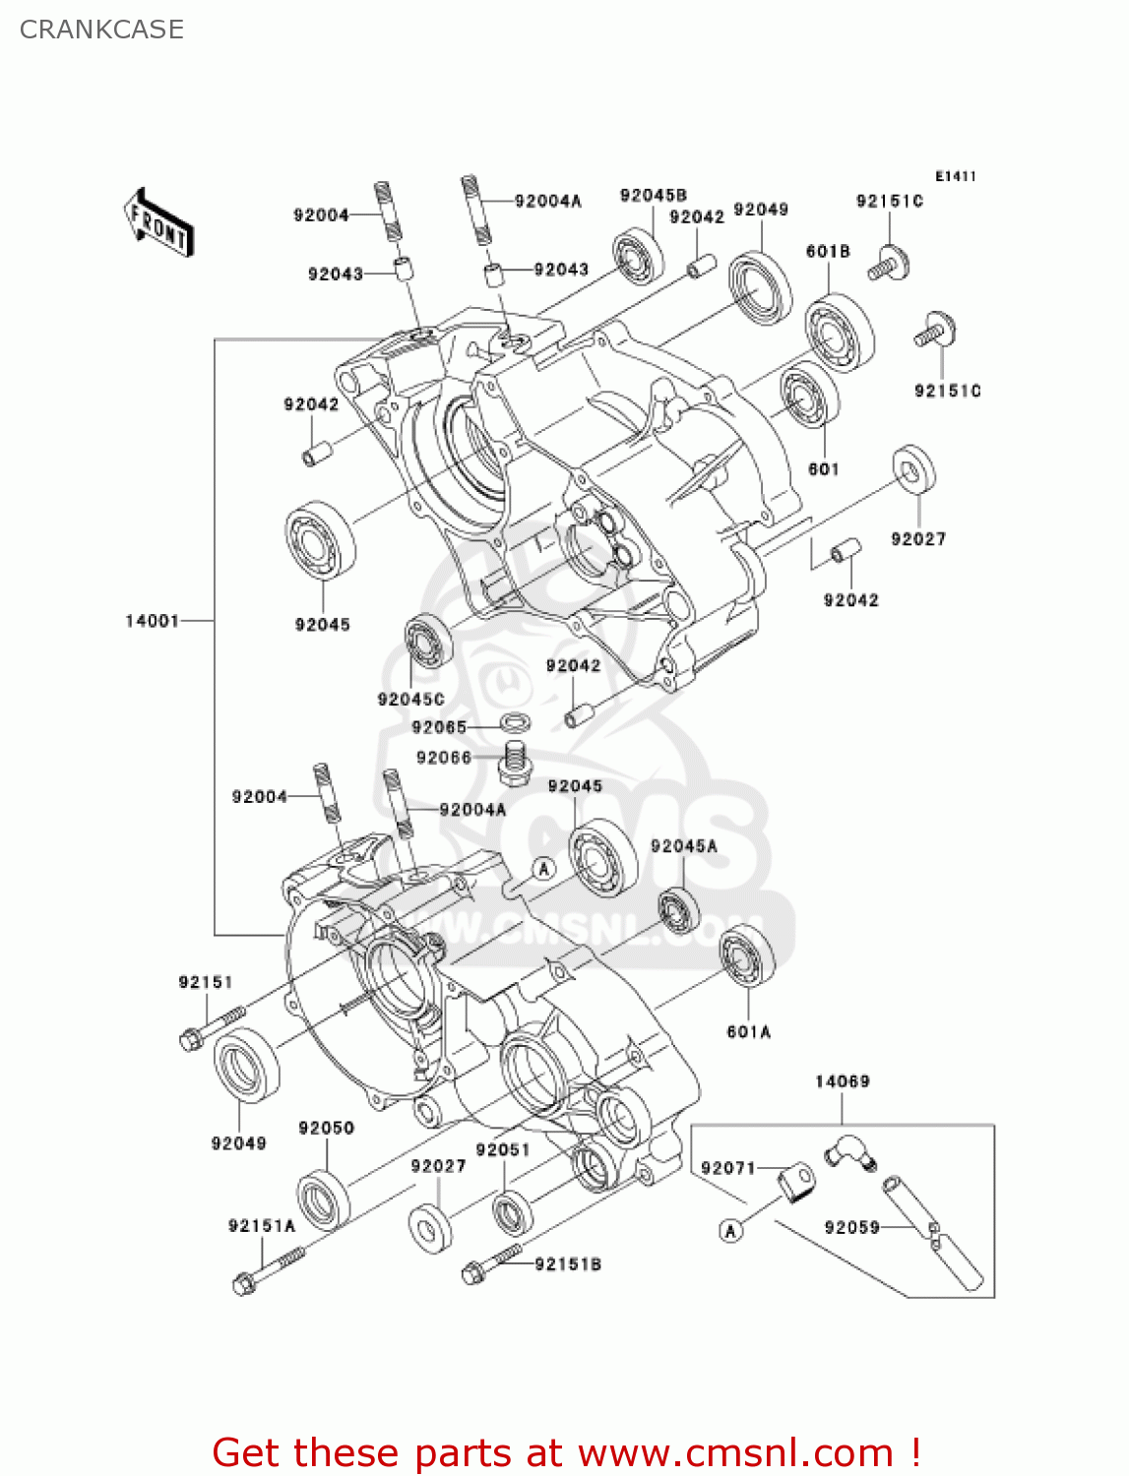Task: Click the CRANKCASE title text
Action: point(101,30)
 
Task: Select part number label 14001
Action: point(152,621)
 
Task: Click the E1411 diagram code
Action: point(955,176)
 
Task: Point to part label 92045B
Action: point(653,196)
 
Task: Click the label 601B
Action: point(828,252)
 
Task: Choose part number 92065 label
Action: point(439,727)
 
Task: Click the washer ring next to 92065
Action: point(517,723)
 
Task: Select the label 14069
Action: point(842,1081)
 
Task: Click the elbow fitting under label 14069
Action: point(847,1152)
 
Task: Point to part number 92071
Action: point(727,1168)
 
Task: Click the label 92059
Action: point(851,1227)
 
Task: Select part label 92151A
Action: point(262,1225)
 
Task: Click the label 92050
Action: point(326,1128)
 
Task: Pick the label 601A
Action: point(748,1031)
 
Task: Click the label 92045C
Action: point(410,699)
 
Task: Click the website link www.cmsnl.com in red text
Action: point(735,1453)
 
